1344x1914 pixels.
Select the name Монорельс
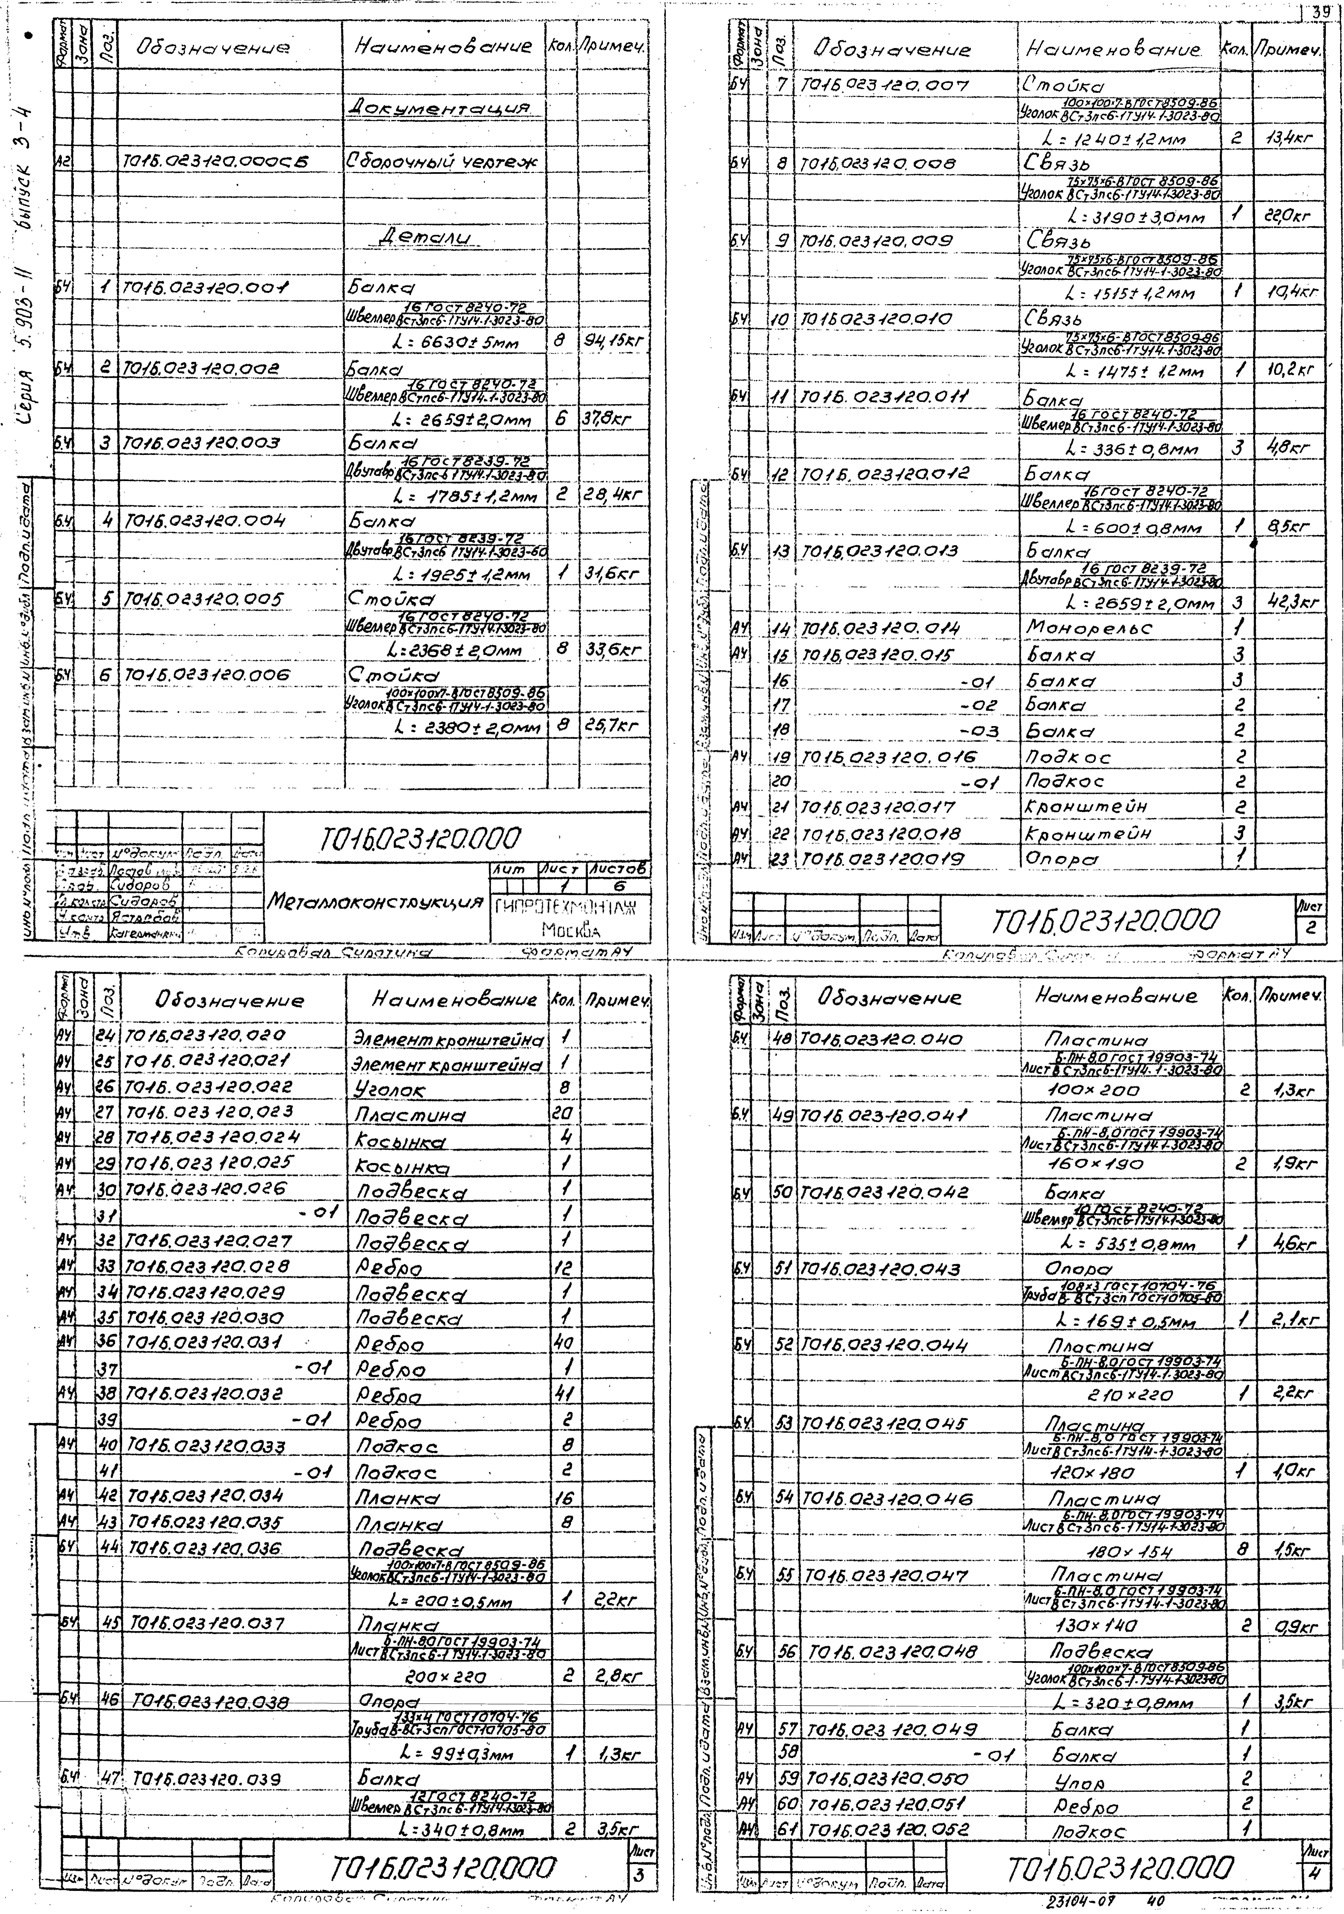(1088, 628)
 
